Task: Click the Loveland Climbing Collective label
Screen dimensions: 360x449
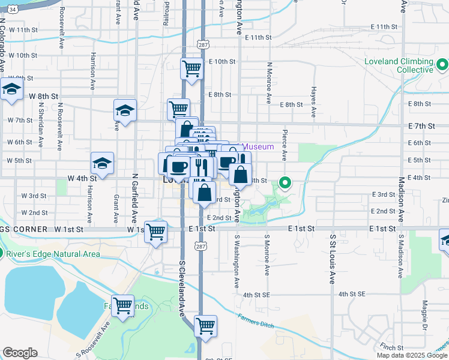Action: pyautogui.click(x=399, y=66)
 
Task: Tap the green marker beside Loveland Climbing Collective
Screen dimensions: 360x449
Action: pyautogui.click(x=443, y=63)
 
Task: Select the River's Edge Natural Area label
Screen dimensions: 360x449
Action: pyautogui.click(x=55, y=253)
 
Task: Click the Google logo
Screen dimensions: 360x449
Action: pyautogui.click(x=20, y=353)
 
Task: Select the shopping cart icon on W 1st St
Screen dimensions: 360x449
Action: pyautogui.click(x=156, y=230)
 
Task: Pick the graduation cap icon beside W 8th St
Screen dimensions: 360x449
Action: pyautogui.click(x=11, y=89)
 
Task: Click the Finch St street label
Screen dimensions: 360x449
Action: pyautogui.click(x=391, y=347)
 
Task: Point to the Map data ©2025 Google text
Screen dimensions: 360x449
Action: pyautogui.click(x=411, y=355)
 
